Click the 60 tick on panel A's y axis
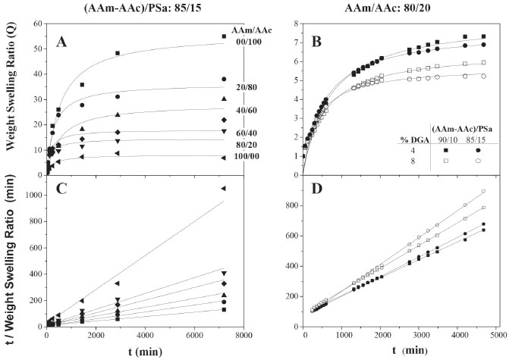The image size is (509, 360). tap(37, 24)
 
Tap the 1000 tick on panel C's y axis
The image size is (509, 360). tap(33, 195)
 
